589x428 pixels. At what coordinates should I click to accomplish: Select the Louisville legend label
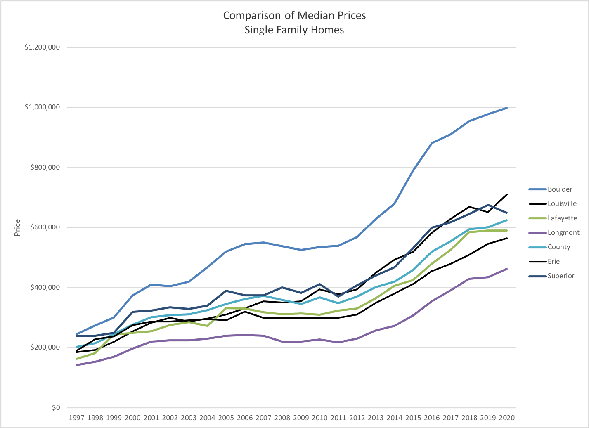[562, 204]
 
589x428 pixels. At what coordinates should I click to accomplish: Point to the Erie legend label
[554, 262]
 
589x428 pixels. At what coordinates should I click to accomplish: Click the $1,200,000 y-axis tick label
[42, 47]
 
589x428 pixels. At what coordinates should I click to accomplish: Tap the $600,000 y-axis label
[45, 227]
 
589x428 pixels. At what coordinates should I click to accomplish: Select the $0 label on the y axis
[56, 408]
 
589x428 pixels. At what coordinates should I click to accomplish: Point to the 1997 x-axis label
[76, 418]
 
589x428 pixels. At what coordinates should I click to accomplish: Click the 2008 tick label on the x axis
[282, 418]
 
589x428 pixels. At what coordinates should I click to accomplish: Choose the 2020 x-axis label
[507, 418]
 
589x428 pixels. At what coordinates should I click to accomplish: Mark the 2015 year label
[413, 418]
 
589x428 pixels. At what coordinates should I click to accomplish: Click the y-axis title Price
[17, 227]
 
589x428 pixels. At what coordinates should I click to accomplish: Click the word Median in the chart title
[316, 16]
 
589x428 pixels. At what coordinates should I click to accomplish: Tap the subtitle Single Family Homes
[294, 30]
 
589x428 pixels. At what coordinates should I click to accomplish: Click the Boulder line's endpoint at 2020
[507, 108]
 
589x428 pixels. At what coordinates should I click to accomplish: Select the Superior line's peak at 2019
[488, 205]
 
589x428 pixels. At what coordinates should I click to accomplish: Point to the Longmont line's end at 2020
[507, 269]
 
